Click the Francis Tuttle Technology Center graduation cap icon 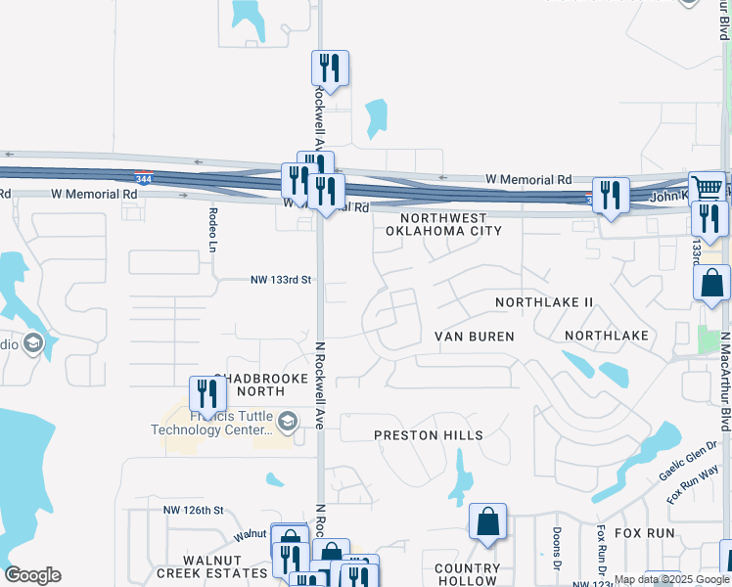coord(287,423)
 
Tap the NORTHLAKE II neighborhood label coord(544,303)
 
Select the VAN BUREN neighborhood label coord(475,337)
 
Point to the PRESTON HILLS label coord(429,434)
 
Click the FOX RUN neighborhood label coord(646,533)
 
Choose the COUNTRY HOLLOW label coord(468,574)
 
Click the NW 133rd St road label coord(280,280)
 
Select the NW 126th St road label coord(194,511)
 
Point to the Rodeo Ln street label coord(212,228)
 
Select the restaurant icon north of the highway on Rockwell coord(330,68)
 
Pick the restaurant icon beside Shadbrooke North coord(207,393)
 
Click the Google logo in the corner coord(32,575)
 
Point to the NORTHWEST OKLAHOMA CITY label coord(443,224)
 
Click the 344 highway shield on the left coord(143,178)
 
